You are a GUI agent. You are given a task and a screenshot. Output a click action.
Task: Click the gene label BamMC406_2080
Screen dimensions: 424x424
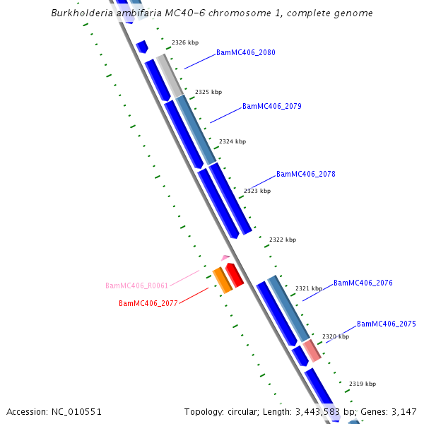[246, 53]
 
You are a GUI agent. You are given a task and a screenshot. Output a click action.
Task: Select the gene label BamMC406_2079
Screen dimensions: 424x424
[272, 107]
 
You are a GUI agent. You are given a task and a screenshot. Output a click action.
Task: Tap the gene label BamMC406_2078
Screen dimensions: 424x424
[306, 174]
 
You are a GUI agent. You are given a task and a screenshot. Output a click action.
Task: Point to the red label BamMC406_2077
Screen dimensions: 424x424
[148, 304]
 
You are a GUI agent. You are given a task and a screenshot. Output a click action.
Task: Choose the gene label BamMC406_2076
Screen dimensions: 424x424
[363, 283]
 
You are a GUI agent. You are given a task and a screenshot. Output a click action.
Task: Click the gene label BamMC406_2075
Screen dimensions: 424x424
[387, 324]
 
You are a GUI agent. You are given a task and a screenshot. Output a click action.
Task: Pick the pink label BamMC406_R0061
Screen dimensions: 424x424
[137, 286]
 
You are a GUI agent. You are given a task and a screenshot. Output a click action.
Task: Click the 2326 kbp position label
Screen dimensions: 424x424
[185, 43]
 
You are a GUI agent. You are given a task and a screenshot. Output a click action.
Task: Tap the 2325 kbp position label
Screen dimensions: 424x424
[208, 92]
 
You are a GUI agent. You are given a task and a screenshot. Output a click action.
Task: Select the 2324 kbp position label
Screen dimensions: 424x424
[232, 141]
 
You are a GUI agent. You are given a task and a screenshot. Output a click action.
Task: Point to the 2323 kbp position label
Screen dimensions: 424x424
[257, 191]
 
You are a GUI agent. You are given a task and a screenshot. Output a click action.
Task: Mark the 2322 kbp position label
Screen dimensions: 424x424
[283, 240]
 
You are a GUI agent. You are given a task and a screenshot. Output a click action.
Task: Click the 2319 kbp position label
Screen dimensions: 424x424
[363, 384]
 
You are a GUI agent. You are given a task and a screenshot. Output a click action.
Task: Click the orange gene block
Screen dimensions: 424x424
[223, 280]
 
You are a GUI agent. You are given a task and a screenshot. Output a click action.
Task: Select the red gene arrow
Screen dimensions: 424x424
[235, 275]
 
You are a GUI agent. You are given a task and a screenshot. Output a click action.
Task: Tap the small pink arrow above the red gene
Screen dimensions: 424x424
[225, 258]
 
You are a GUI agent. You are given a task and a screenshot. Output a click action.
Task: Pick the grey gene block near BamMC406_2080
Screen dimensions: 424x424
[170, 75]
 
